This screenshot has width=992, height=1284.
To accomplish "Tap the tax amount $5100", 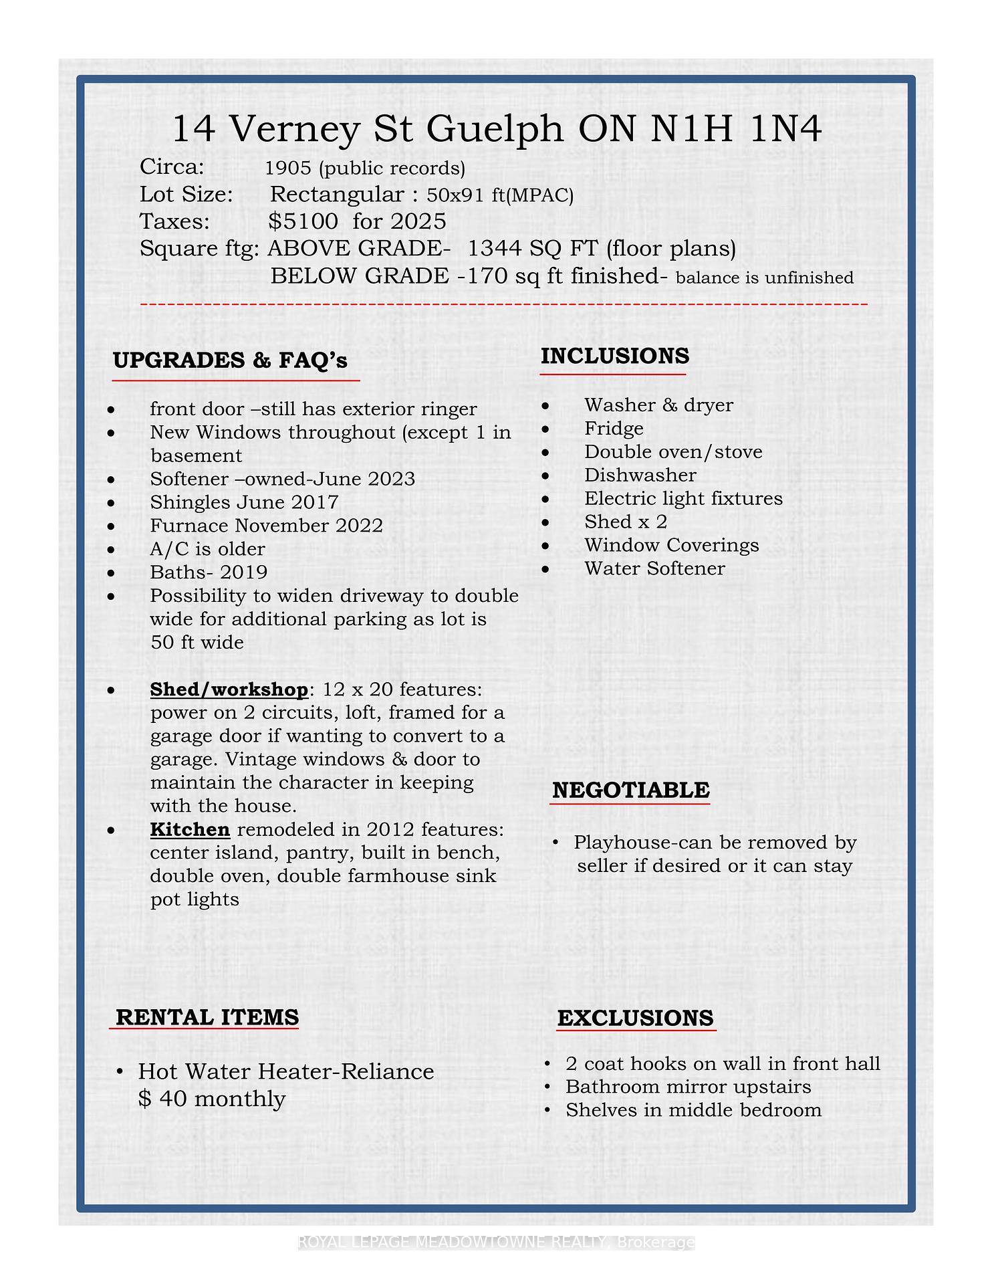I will (303, 221).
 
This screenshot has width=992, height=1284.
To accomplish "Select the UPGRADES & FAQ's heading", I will (231, 360).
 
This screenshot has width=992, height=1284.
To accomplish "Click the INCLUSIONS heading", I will (614, 356).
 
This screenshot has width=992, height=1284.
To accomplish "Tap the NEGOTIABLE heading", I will (630, 790).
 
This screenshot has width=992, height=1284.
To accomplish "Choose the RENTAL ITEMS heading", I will (207, 1017).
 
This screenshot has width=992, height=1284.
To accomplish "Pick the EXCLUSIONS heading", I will (635, 1018).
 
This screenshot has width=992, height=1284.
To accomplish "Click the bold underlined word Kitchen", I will (190, 830).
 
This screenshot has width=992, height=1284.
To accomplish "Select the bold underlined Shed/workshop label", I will (229, 689).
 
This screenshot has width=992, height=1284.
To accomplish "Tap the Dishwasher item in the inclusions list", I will (640, 475).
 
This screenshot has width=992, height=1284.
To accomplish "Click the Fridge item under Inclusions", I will (614, 429).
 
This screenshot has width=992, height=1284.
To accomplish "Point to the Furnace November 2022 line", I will (266, 526).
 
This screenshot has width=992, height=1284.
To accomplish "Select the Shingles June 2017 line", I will (244, 502).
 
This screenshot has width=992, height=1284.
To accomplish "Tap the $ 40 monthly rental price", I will (212, 1099).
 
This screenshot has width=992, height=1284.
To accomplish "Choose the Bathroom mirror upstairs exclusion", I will (688, 1087).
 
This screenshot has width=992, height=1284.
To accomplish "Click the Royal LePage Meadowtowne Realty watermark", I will (496, 1243).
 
